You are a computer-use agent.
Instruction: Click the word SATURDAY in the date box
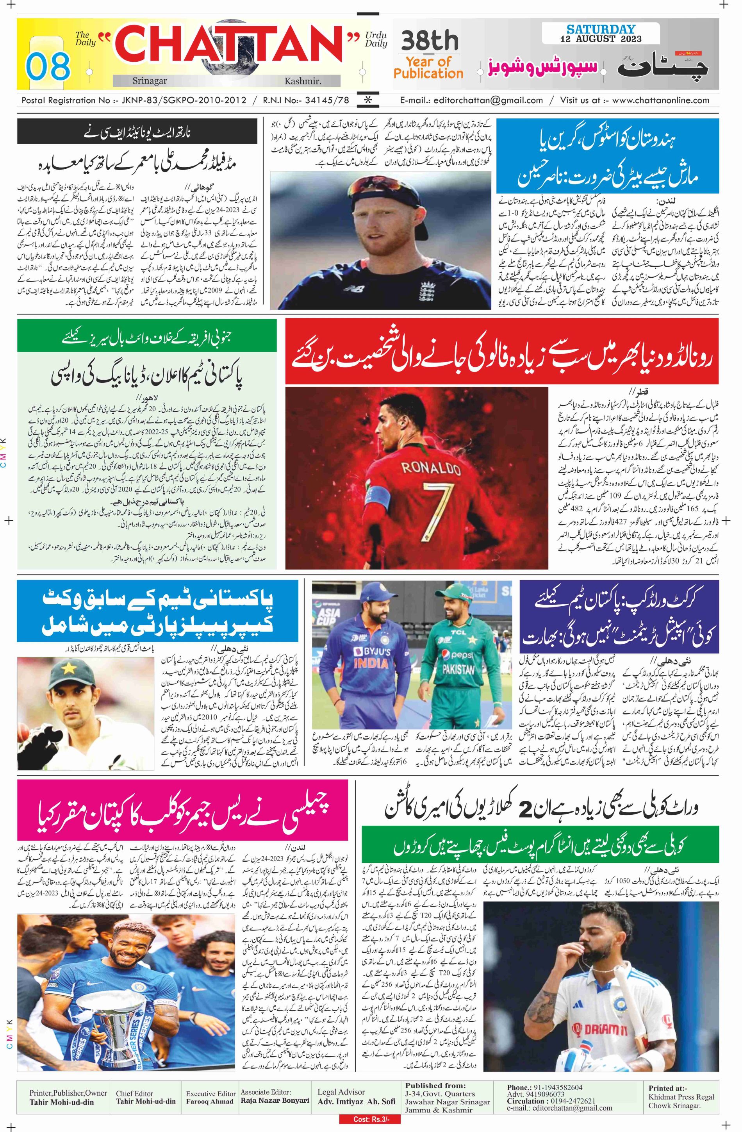click(601, 29)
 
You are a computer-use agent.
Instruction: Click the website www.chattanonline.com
click(660, 100)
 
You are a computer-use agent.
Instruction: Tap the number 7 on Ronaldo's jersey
click(435, 504)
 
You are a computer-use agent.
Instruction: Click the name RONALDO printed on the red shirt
click(430, 468)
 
